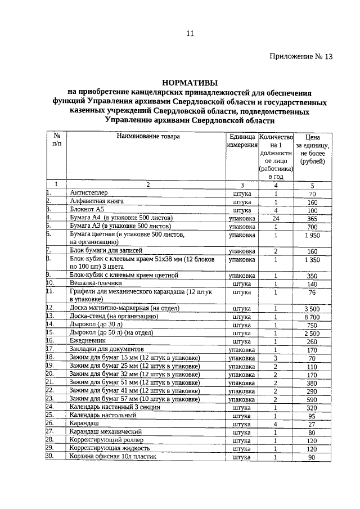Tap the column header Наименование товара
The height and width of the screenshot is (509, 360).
point(148,137)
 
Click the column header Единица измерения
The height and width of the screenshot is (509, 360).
point(242,141)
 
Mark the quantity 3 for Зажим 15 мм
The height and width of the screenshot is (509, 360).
point(276,357)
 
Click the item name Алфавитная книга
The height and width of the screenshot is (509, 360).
point(96,201)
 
